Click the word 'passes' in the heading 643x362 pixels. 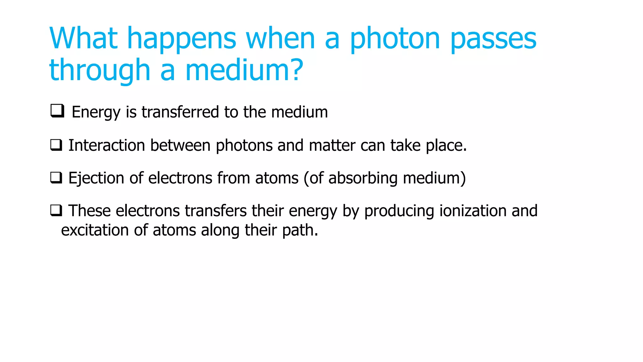click(x=494, y=39)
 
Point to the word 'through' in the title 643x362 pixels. click(x=100, y=71)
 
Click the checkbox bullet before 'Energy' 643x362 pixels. click(x=57, y=111)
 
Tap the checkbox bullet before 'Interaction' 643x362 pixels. click(x=56, y=145)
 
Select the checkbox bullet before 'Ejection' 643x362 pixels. click(x=56, y=178)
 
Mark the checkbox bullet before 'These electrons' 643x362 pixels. click(x=56, y=210)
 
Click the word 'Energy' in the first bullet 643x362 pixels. click(x=96, y=112)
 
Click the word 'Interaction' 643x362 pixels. click(x=106, y=145)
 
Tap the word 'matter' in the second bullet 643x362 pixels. click(x=332, y=145)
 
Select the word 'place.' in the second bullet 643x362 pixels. click(x=446, y=146)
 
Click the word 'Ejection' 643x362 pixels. click(x=96, y=178)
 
